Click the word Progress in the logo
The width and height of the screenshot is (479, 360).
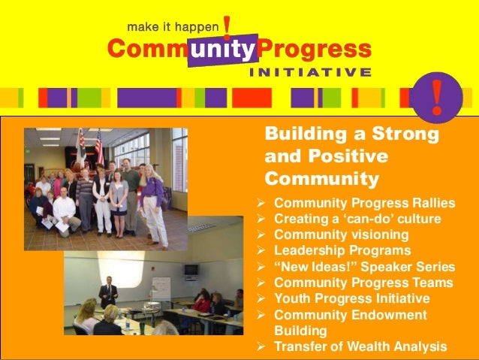[x=315, y=50]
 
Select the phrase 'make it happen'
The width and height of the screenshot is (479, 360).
[x=173, y=27]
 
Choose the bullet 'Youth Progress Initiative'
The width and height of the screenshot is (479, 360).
[x=351, y=298]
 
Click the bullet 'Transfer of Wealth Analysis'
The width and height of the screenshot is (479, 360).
[x=360, y=346]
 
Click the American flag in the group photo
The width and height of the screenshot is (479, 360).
[x=98, y=146]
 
